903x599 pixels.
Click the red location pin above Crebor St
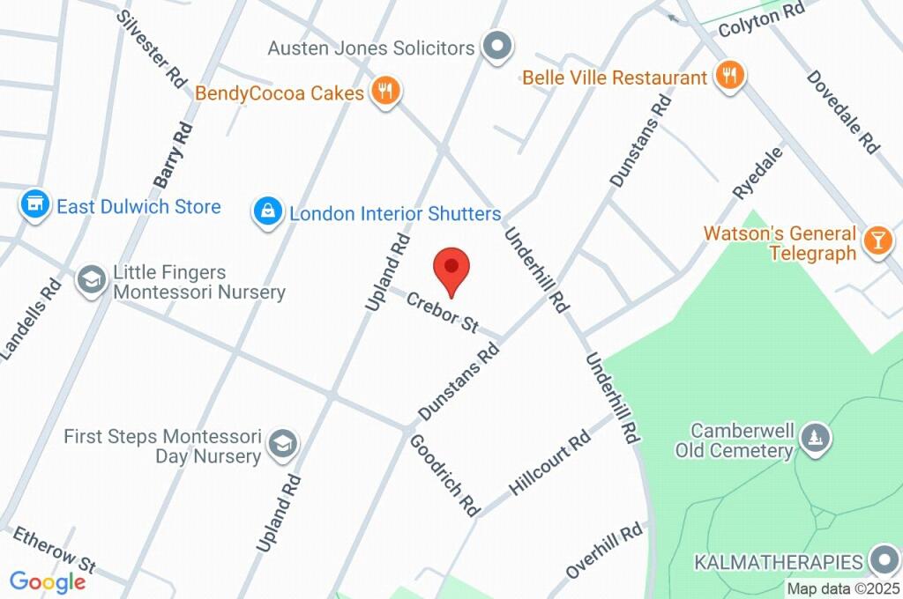pos(451,268)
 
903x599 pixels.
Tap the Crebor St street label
pos(441,312)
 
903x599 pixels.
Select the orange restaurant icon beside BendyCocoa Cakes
pos(385,91)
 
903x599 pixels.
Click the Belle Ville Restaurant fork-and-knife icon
pos(728,77)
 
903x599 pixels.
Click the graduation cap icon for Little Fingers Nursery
pos(91,281)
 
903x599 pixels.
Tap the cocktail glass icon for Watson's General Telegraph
pos(877,242)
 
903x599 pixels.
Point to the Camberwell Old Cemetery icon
pos(812,438)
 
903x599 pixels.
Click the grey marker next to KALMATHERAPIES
pos(883,561)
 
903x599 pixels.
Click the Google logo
pos(48,581)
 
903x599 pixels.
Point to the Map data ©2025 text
pos(843,588)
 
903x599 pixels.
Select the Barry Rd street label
pos(174,155)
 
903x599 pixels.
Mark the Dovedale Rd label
pos(842,112)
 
